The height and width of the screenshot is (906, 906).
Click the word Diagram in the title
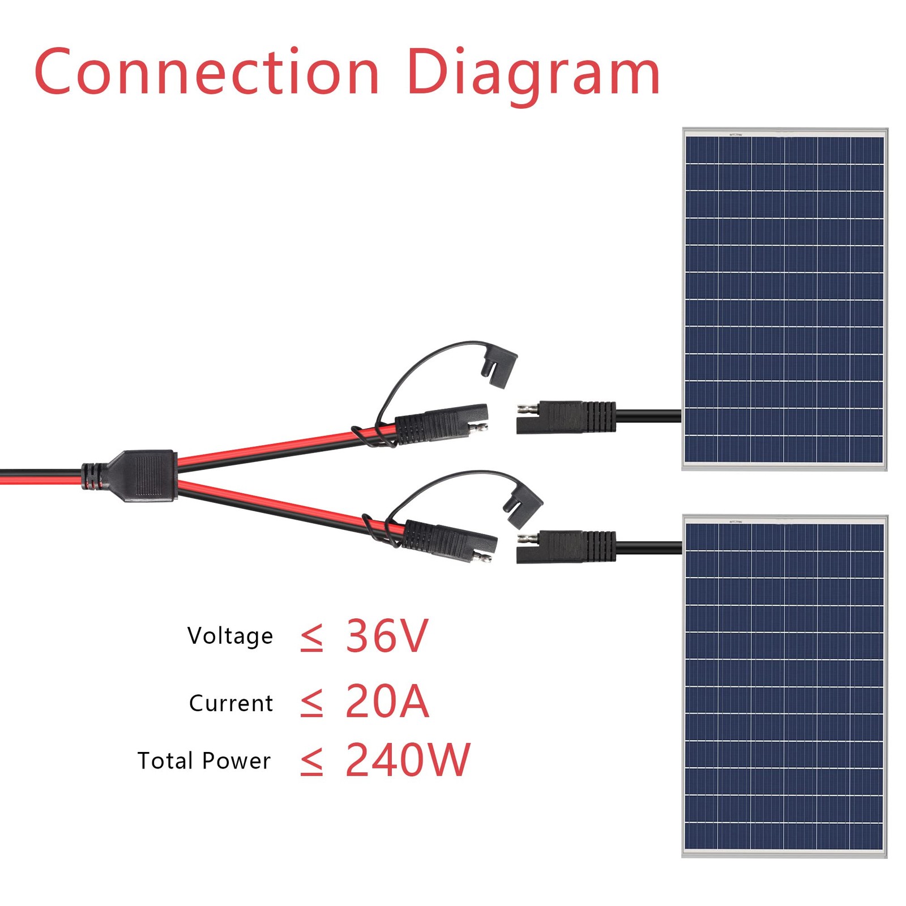[x=533, y=75]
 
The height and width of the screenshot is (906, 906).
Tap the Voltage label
[x=230, y=636]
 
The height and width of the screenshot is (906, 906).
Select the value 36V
[x=387, y=635]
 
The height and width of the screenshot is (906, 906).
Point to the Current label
[x=231, y=703]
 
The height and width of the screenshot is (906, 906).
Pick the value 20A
[x=387, y=701]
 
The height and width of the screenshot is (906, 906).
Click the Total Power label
[x=204, y=760]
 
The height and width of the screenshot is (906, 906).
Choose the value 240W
[x=408, y=759]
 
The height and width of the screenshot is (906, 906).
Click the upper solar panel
[x=784, y=300]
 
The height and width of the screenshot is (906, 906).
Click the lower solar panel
[x=784, y=686]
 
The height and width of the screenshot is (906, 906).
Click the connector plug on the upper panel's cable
[x=566, y=417]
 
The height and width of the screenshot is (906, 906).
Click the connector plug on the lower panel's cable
[x=566, y=547]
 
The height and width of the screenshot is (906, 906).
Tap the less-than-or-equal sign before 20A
[x=311, y=704]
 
